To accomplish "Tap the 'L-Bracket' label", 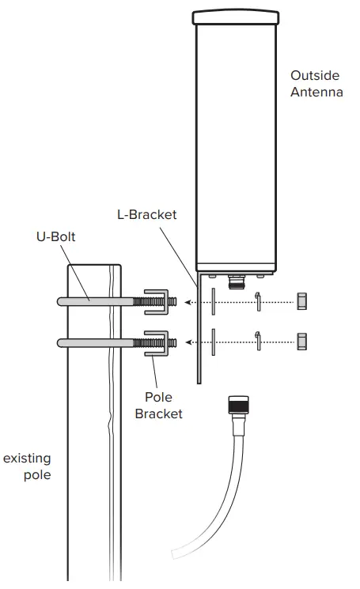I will point(146,214).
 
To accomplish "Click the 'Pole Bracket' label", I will point(158,405).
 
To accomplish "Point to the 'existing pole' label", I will point(27,466).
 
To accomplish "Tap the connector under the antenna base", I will point(235,278).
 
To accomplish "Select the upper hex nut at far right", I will point(301,301).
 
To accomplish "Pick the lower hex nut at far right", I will point(301,342).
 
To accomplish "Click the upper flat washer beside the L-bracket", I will point(213,301).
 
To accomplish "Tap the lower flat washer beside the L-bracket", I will point(213,342).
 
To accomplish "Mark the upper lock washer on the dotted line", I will point(258,301).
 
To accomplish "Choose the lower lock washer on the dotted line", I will point(258,342).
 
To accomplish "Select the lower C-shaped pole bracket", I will point(159,342).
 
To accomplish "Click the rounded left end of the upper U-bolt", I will point(61,301).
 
